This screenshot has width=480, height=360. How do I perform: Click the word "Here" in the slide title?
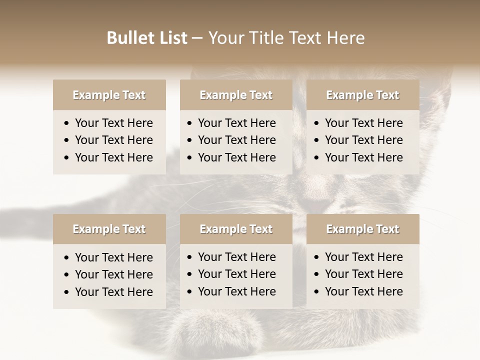[x=345, y=38]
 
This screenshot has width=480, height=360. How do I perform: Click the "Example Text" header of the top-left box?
[x=109, y=95]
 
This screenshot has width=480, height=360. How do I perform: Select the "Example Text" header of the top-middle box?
[x=236, y=95]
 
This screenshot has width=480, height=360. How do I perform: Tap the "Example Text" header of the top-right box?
[x=362, y=95]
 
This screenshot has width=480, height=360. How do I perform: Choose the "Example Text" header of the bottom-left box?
[x=109, y=229]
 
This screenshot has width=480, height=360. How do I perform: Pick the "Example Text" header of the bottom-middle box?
[x=236, y=229]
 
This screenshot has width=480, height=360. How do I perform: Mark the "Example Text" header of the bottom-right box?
[x=362, y=229]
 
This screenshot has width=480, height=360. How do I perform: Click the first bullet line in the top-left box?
[x=113, y=123]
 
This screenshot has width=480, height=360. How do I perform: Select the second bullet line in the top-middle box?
[x=236, y=140]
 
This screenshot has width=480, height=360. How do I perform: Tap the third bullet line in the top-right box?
[x=363, y=157]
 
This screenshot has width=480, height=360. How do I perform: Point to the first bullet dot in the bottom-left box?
[x=67, y=258]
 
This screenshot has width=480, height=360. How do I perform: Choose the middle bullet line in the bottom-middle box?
[x=236, y=274]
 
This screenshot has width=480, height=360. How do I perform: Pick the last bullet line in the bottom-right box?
[x=363, y=291]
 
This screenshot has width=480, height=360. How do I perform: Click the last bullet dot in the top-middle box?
[x=190, y=158]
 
